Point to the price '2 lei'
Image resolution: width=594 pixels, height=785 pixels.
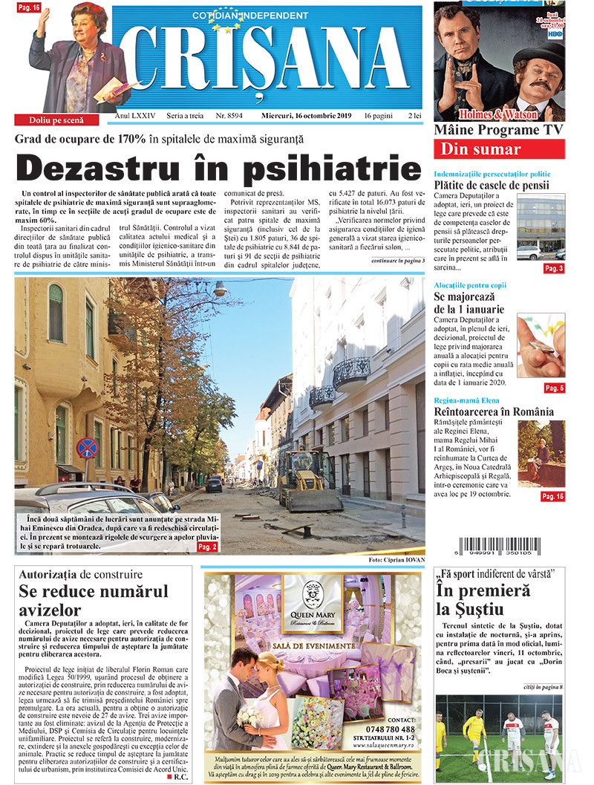click(414, 117)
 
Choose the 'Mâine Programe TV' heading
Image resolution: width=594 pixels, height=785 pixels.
click(499, 130)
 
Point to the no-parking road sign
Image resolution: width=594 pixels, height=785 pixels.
click(86, 448)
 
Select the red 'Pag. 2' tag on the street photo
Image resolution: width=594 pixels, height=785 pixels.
click(208, 547)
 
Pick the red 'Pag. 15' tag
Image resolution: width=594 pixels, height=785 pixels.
click(552, 496)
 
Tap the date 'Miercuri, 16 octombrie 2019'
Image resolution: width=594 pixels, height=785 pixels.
click(307, 117)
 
